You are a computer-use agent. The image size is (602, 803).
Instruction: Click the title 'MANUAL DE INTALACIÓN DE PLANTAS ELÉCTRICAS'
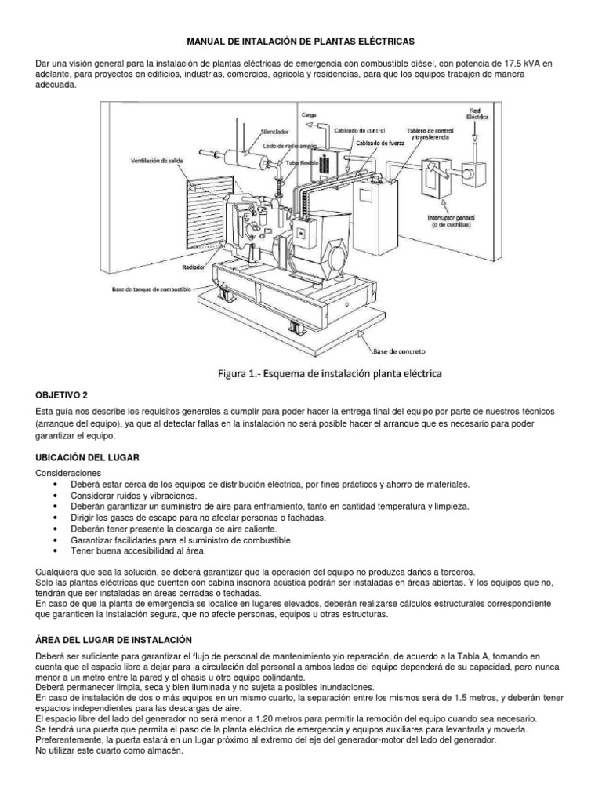pos(300,39)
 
